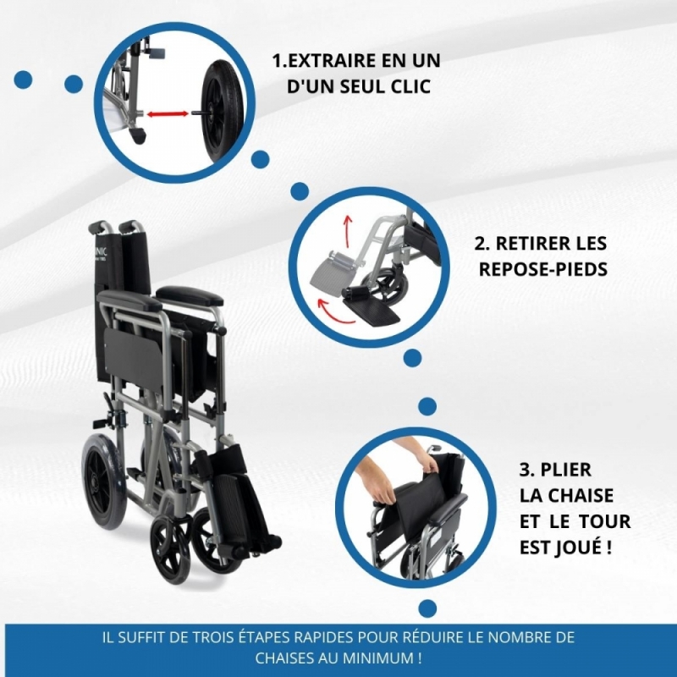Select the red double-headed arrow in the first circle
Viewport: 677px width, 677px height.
click(x=168, y=114)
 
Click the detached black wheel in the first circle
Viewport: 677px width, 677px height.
click(x=223, y=113)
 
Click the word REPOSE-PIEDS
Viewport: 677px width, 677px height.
click(x=543, y=269)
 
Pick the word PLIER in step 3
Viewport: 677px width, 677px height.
click(x=565, y=470)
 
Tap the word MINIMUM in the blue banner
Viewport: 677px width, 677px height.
click(x=382, y=658)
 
